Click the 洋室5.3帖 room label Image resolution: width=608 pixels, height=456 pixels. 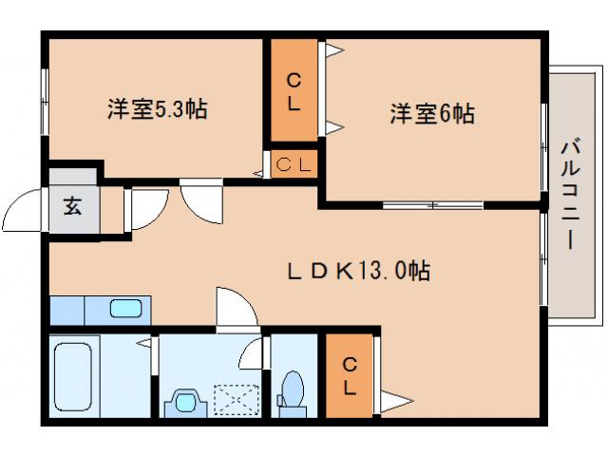tap(157, 109)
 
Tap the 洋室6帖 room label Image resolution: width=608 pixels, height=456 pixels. tap(432, 114)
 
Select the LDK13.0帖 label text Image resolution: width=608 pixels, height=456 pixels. tap(358, 272)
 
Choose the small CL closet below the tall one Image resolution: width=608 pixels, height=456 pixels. tap(294, 164)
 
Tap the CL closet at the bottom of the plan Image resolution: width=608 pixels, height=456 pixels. tap(350, 375)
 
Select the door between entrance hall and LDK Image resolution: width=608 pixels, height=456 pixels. tap(144, 208)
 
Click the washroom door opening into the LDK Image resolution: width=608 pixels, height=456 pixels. tap(236, 309)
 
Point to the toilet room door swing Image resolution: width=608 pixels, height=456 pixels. tap(252, 352)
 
